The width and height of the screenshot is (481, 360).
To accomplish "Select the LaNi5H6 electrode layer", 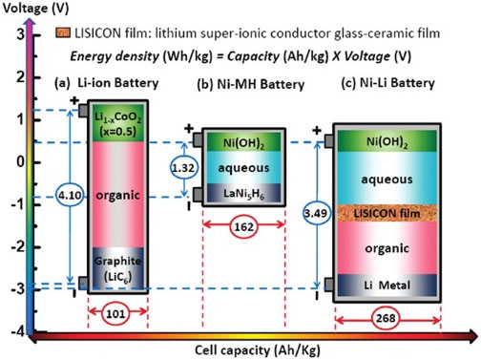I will tap(244, 196).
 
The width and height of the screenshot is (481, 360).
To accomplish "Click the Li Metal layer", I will tap(390, 284).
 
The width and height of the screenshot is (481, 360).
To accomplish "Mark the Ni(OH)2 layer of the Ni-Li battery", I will tap(390, 142).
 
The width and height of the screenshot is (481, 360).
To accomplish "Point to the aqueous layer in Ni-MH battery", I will tap(244, 169).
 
